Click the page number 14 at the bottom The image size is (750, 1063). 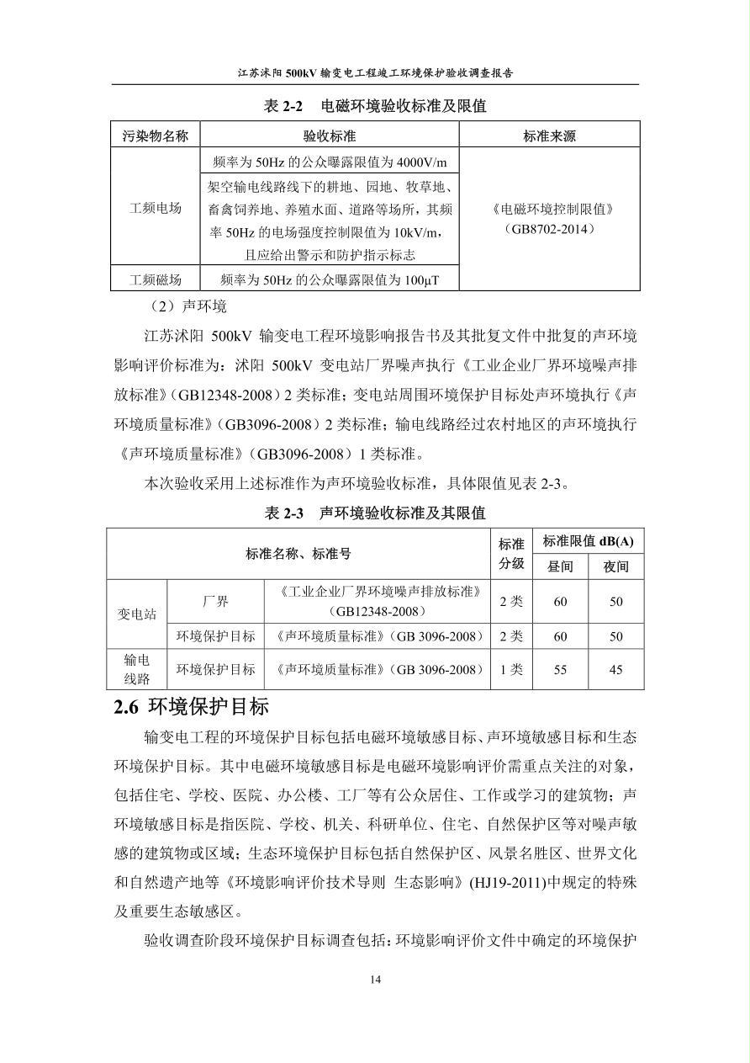click(375, 979)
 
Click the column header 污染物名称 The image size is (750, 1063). click(156, 136)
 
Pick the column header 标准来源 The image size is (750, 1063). click(549, 136)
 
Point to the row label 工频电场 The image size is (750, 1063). click(156, 208)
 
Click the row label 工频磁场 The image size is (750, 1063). click(156, 279)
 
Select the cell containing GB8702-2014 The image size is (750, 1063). click(549, 218)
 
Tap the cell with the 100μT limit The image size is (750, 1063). click(330, 279)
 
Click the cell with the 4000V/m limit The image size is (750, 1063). click(330, 162)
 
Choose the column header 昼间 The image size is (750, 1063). click(560, 566)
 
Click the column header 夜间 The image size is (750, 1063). click(616, 566)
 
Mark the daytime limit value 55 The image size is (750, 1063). click(560, 670)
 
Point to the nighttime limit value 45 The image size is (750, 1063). click(616, 670)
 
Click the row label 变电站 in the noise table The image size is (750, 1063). click(136, 614)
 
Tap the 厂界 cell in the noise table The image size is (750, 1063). click(215, 602)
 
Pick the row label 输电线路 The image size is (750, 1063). click(136, 670)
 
